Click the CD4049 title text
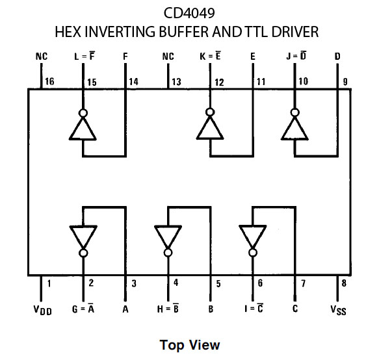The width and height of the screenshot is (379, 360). pos(190,12)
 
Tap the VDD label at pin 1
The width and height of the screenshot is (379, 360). pos(42,311)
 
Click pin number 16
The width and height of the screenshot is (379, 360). pos(48,82)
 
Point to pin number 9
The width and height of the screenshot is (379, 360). pos(346,82)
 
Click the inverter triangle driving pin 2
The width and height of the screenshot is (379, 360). pos(83,235)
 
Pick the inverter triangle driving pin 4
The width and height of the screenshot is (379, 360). pos(168,235)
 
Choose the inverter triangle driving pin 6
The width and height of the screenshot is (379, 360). pos(252,235)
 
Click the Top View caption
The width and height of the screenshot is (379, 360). pos(190,345)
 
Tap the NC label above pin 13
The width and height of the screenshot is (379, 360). pos(168,57)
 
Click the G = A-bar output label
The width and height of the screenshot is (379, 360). pos(83,310)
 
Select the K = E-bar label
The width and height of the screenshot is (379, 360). pos(210,57)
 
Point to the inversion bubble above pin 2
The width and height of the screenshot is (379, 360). pos(83,253)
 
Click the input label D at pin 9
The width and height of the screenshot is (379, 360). pos(337,57)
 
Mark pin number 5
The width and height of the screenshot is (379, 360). pos(218,283)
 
